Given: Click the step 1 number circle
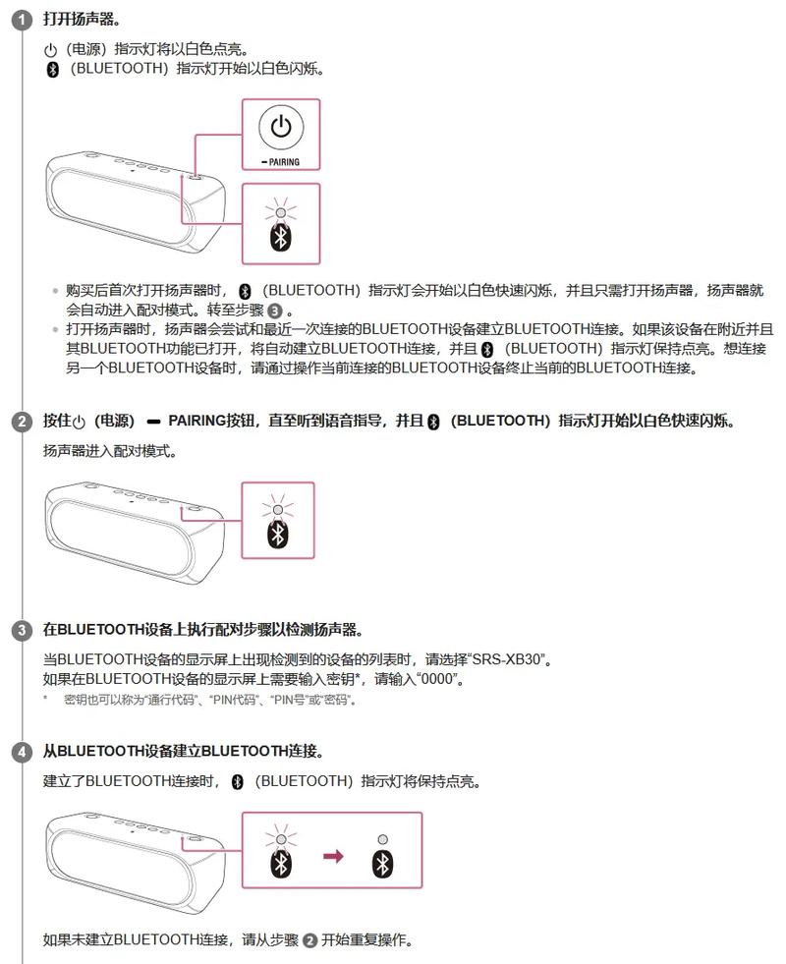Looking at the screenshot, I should pos(22,21).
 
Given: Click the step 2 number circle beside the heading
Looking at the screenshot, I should pos(22,423).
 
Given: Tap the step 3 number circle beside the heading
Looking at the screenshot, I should pos(22,630).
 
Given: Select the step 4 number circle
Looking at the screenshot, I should pos(22,753).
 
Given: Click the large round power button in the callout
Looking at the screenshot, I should pos(281,127).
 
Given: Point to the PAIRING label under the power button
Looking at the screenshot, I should pos(281,162).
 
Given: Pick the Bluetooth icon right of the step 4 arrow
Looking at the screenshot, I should pos(382,864).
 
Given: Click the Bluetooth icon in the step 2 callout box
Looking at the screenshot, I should pos(279,533).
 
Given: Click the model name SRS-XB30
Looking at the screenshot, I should pos(511,658).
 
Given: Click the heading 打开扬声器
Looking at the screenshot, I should pos(83,20).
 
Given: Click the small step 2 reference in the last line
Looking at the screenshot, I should pos(309,940).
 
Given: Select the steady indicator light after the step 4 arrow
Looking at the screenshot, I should pos(382,840).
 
